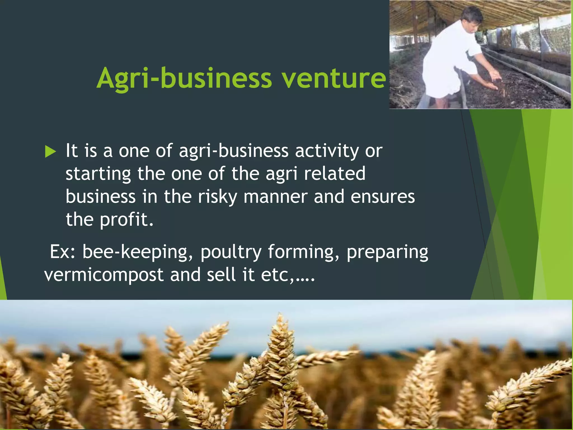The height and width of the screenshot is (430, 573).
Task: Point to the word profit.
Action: [127, 220]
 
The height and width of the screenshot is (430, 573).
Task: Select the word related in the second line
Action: [335, 174]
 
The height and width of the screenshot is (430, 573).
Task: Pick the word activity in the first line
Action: [327, 151]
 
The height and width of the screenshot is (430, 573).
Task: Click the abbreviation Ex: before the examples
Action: [62, 252]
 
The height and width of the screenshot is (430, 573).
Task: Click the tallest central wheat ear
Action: [280, 350]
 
